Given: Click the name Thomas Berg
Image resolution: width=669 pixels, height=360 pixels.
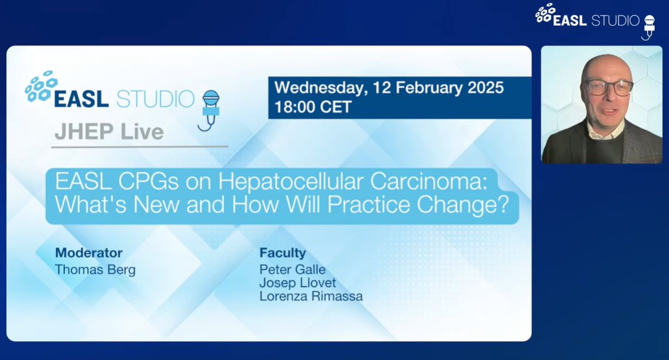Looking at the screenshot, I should coord(95,270).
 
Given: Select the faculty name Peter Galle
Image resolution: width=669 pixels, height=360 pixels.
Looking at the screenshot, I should coord(292,269).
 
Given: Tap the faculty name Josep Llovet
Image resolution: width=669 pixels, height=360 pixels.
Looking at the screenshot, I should coord(297,283).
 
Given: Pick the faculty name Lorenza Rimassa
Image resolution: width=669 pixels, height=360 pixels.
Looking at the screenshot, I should coord(311,296).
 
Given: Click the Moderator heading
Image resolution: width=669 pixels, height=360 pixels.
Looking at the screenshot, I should coord(88,253).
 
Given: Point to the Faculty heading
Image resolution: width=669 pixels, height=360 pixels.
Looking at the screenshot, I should coord(282,253).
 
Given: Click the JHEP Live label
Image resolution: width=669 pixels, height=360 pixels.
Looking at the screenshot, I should coord(109,132).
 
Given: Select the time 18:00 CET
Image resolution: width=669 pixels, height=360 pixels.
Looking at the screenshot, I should coord(313,107).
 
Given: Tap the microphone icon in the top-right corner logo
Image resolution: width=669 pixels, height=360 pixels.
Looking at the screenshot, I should coord(648,26).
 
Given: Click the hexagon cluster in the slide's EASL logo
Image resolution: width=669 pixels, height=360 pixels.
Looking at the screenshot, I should coord(41,86).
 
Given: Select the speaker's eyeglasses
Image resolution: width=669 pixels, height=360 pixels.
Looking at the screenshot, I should coord(609,87).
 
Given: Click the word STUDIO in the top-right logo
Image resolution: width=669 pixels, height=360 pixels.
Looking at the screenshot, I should coord(615,20).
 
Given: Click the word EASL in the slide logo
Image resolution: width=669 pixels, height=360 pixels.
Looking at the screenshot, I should coord(81,99).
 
